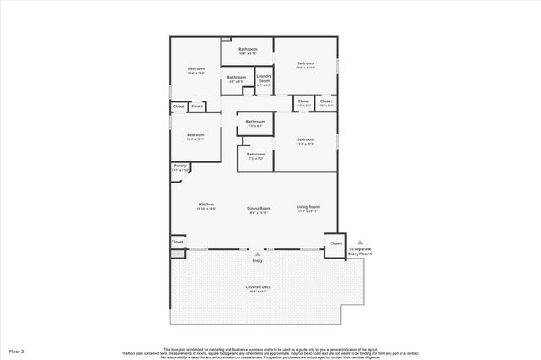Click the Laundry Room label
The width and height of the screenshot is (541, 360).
point(264,79)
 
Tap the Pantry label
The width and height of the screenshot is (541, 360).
point(179,166)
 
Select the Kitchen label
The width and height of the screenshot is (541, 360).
point(206,205)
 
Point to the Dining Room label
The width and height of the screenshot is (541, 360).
point(259,208)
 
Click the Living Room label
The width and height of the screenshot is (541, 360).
point(307,208)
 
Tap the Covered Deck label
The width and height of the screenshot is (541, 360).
point(259,287)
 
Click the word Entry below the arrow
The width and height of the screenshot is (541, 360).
point(258,261)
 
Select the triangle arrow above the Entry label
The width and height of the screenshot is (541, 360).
point(258,254)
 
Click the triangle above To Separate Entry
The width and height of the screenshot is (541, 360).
point(359,242)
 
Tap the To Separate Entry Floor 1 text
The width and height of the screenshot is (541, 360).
point(359,251)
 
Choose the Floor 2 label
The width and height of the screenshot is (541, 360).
point(16,350)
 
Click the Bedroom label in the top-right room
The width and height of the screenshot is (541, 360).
point(305,64)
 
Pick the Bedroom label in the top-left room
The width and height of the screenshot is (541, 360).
point(195,70)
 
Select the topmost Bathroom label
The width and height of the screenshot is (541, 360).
point(248,50)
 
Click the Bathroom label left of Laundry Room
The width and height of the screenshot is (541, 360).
point(236,78)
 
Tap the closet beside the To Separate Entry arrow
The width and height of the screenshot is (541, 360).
point(336,243)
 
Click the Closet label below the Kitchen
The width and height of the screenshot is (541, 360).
point(178,242)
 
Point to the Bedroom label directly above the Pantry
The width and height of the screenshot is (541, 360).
point(195,135)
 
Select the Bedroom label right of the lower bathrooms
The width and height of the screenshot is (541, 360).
point(305,140)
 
